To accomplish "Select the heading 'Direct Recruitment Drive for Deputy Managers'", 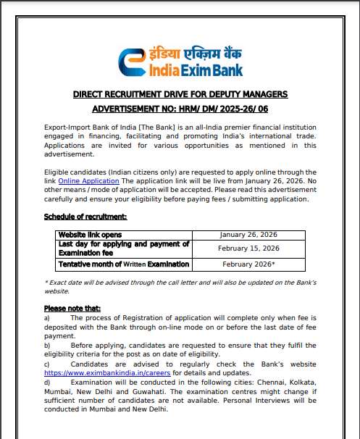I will point(180,95).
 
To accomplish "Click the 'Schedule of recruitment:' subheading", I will point(85,217).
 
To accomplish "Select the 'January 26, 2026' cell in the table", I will point(248,235).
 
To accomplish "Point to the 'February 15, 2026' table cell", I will point(248,248).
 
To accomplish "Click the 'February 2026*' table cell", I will point(248,264).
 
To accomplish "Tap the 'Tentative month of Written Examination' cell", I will point(123,264).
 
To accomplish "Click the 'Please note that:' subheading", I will point(72,309).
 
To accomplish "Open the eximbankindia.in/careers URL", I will point(108,372).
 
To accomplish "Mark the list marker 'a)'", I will point(47,317).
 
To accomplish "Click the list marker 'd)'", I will point(47,381).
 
